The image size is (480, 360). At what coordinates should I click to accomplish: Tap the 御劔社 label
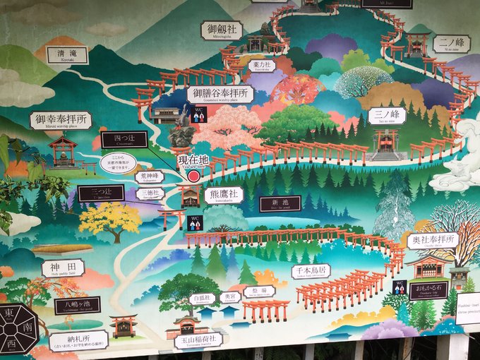pos(221,30)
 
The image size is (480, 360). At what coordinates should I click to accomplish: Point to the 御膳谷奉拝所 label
pos(220,94)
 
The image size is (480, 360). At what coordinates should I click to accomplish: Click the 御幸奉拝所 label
pos(61,120)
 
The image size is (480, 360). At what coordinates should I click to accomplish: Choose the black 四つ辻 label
pos(124,140)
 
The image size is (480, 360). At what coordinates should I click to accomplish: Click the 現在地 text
pos(193,160)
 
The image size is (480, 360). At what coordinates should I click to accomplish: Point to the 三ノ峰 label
pos(386,116)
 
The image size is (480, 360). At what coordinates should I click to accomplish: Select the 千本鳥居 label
pos(311,272)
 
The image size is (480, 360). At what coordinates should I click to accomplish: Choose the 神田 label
pos(63,268)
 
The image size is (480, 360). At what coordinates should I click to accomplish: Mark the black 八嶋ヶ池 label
pos(77,306)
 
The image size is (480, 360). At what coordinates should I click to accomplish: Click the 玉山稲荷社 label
pos(198,340)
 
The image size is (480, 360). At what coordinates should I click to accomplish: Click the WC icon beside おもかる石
pos(399,287)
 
